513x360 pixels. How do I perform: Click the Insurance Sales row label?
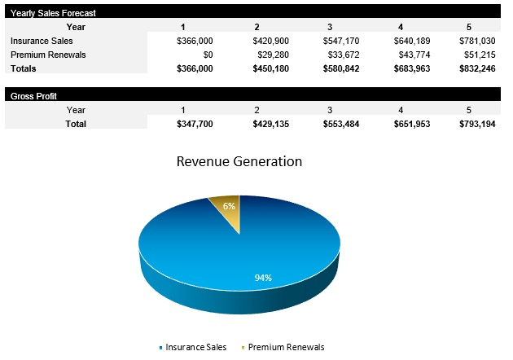[42, 40]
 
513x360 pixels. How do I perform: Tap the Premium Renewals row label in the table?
[49, 55]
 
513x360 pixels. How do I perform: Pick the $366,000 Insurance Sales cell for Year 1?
[195, 40]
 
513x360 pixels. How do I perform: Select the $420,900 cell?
[267, 40]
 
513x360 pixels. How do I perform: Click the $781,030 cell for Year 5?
[476, 40]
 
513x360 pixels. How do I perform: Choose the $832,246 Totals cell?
[476, 69]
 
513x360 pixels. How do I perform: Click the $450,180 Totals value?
[267, 69]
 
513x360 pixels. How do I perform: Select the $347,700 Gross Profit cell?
[195, 123]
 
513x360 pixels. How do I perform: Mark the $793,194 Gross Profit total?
[476, 123]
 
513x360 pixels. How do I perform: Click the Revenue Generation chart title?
[239, 161]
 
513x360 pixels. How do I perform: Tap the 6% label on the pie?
[218, 207]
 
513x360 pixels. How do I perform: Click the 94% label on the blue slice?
[262, 278]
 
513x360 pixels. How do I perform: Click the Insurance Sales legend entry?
[195, 347]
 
